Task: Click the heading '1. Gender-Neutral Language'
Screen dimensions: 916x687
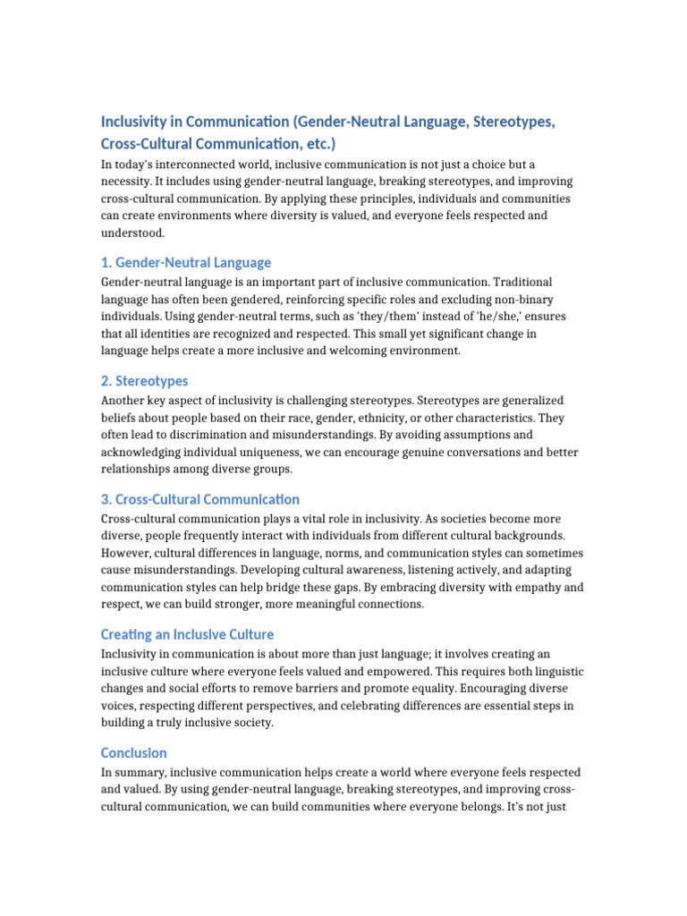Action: tap(185, 262)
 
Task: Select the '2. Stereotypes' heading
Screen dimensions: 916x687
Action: tap(144, 380)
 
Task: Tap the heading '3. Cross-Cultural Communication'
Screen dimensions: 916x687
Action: tap(199, 498)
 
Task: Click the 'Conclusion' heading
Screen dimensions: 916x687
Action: tap(133, 752)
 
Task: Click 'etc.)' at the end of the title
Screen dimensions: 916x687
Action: tap(318, 143)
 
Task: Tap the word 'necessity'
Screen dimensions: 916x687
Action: tap(130, 182)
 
